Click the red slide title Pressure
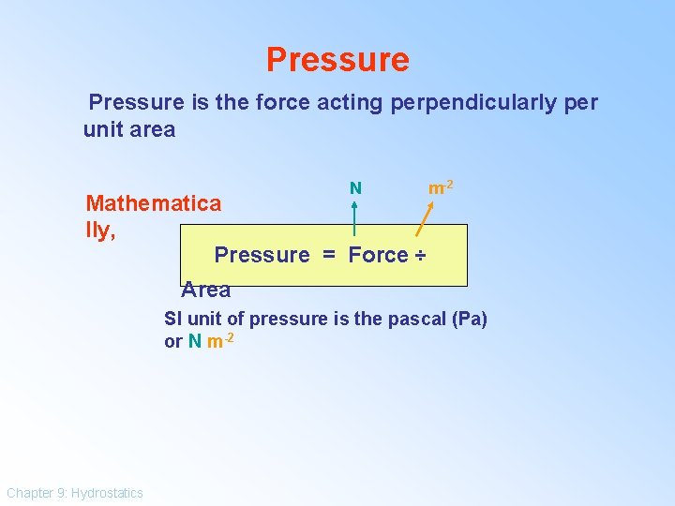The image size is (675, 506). click(337, 60)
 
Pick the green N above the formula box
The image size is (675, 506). click(355, 188)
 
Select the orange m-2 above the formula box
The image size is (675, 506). click(441, 188)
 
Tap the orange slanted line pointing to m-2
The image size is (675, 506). click(424, 220)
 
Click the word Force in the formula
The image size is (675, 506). click(378, 255)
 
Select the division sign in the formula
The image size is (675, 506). click(420, 255)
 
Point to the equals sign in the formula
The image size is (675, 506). click(328, 255)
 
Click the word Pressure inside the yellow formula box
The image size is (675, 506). click(262, 255)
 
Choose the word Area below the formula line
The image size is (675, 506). click(206, 290)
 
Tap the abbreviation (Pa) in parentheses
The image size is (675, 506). click(469, 319)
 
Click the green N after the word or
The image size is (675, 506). click(194, 341)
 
